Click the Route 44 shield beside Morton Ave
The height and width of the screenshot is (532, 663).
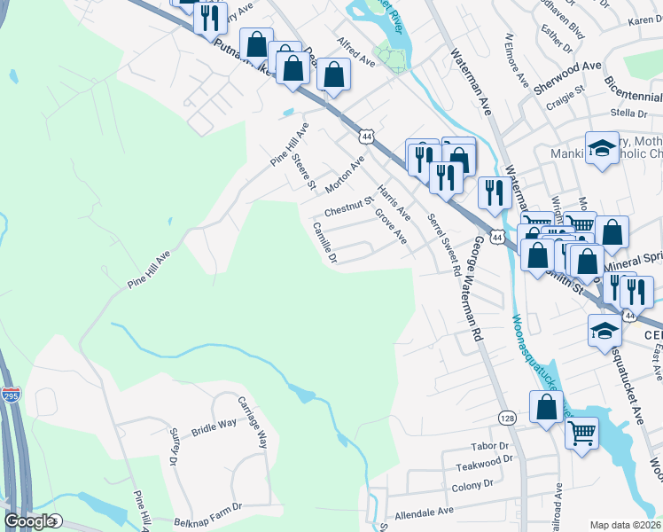(x=365, y=136)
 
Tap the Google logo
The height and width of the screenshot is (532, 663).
(x=29, y=521)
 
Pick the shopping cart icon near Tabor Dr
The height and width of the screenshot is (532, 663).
(x=581, y=434)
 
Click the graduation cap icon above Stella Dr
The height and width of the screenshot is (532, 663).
(x=602, y=148)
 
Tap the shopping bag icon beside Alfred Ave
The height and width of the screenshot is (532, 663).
(x=333, y=74)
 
